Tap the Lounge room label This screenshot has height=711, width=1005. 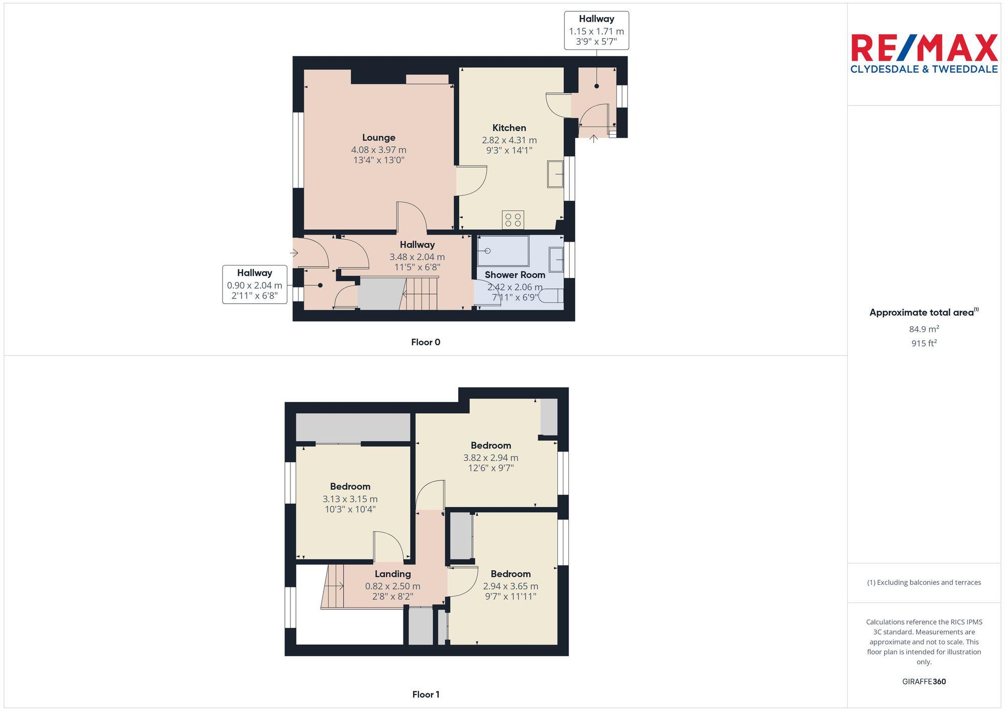point(378,138)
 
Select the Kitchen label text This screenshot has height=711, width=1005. point(509,128)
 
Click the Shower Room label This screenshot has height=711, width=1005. point(515,275)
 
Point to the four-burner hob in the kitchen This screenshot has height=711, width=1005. point(513,220)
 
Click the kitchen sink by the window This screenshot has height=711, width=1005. point(555,174)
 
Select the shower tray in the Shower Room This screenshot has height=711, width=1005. point(503,251)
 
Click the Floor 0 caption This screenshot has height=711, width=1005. point(426,342)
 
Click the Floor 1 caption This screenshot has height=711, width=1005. point(426,694)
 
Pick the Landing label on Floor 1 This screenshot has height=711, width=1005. point(392,574)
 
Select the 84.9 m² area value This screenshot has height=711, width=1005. point(924,329)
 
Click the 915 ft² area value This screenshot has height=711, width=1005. point(924,343)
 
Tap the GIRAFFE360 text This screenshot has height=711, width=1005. point(924,682)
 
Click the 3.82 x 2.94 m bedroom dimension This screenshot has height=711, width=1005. point(490,458)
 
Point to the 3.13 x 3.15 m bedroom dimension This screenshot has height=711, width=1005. point(350,499)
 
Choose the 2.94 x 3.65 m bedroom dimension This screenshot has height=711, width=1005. point(511,586)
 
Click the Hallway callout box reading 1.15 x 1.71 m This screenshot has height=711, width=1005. point(596,31)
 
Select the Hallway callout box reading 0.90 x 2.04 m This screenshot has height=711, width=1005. point(255,284)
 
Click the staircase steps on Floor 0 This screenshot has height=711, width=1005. point(421,294)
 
